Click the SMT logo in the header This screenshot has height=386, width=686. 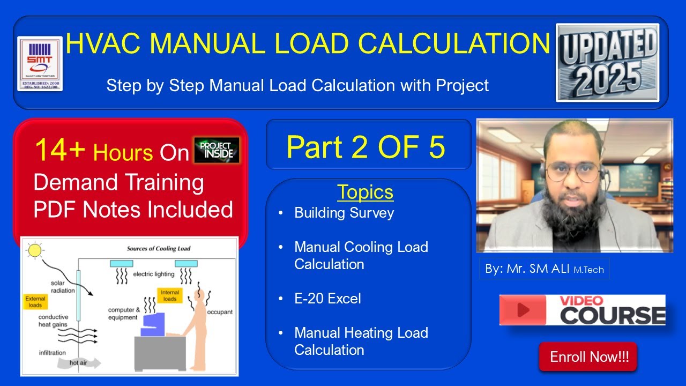[x=40, y=64]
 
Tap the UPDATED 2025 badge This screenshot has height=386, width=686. [x=607, y=62]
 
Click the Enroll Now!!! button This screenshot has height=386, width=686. [x=587, y=357]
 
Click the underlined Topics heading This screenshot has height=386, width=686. [x=365, y=192]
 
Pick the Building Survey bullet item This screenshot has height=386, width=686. [x=344, y=213]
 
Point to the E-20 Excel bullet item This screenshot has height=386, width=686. [x=327, y=298]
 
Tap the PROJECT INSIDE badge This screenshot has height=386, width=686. [x=217, y=150]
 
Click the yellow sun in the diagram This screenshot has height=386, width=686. [x=35, y=250]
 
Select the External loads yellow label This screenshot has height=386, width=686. [x=35, y=302]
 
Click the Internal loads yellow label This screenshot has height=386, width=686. [x=170, y=295]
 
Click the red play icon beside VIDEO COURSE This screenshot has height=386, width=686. [x=524, y=310]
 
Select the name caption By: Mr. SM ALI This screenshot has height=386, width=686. [x=544, y=269]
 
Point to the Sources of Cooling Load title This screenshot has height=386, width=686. [x=158, y=249]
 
